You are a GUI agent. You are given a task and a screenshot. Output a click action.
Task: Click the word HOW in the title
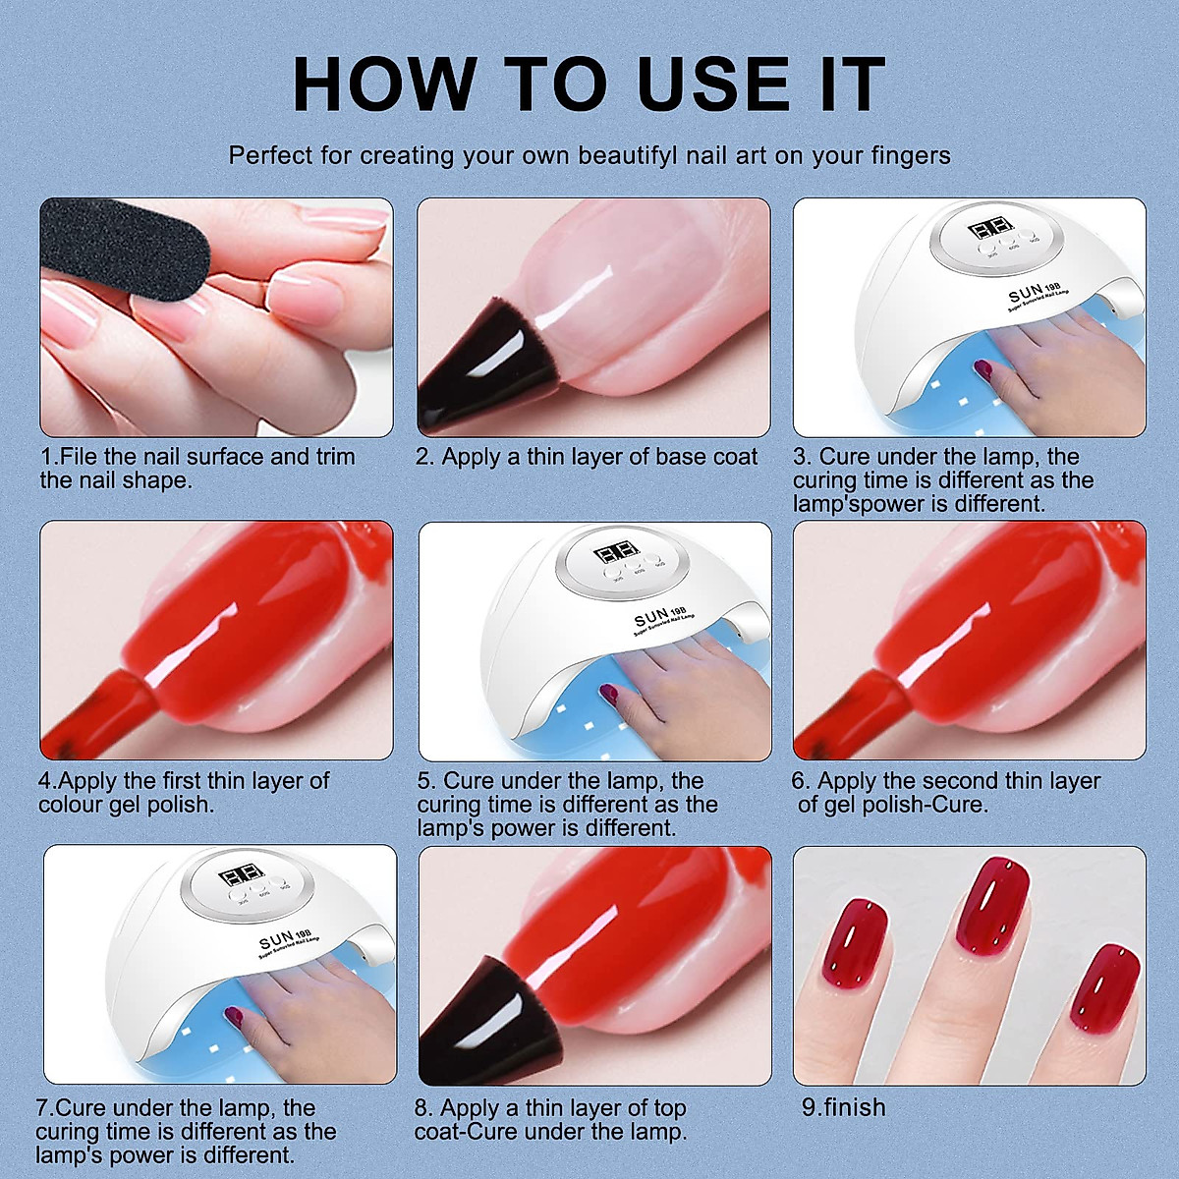[383, 85]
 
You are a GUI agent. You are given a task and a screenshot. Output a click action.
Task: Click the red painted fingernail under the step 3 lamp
[983, 368]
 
